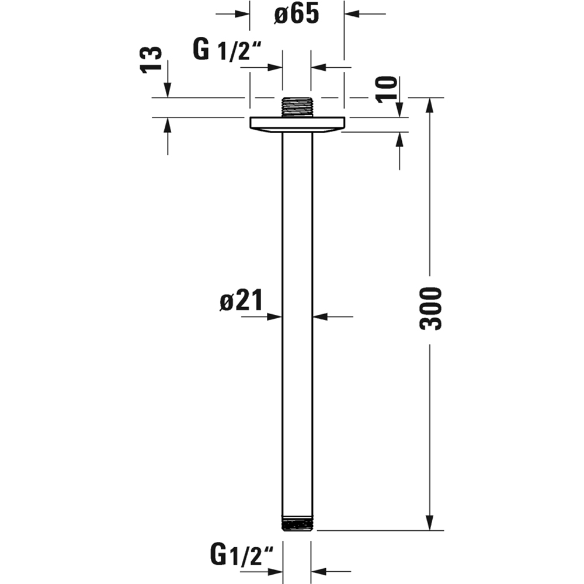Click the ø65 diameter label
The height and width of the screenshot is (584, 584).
(297, 15)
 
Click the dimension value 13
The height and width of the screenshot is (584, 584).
(151, 60)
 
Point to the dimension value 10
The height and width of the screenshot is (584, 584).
(387, 89)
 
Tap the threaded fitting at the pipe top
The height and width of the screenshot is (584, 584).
(297, 107)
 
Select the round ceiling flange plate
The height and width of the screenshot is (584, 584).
(297, 124)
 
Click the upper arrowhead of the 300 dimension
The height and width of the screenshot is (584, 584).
(430, 105)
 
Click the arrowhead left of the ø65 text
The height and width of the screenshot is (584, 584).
(243, 13)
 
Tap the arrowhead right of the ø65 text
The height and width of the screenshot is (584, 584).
(351, 13)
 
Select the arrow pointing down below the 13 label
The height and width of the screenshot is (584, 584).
(168, 90)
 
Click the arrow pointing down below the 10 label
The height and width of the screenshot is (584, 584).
(399, 110)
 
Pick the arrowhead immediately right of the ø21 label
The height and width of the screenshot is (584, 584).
(274, 317)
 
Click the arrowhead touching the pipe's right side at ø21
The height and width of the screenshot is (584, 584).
(320, 317)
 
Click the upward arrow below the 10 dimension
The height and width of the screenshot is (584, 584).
(399, 140)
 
